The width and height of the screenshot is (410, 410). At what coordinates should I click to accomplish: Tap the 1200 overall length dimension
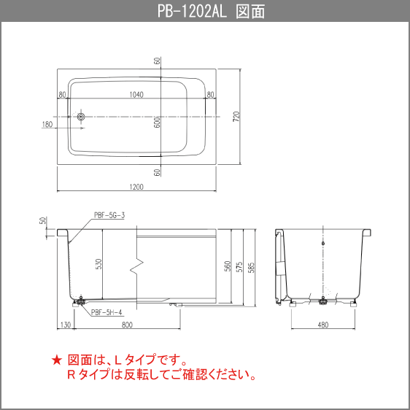(136, 186)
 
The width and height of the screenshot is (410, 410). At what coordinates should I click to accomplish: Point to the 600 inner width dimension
(157, 123)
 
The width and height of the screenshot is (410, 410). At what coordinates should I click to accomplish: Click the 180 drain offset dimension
(47, 125)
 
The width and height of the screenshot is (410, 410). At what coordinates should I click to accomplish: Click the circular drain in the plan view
(81, 116)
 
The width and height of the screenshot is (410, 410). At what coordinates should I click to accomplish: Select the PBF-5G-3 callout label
(109, 215)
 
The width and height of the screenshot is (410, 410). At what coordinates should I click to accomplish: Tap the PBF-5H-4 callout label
(107, 313)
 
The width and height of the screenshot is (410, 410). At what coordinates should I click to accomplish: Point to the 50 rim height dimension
(44, 220)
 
